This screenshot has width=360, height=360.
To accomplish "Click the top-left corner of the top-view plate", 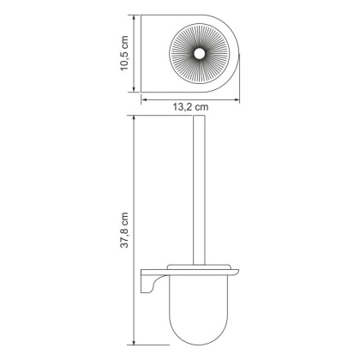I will [142, 16].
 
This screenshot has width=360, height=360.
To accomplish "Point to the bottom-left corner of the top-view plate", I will [142, 92].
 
